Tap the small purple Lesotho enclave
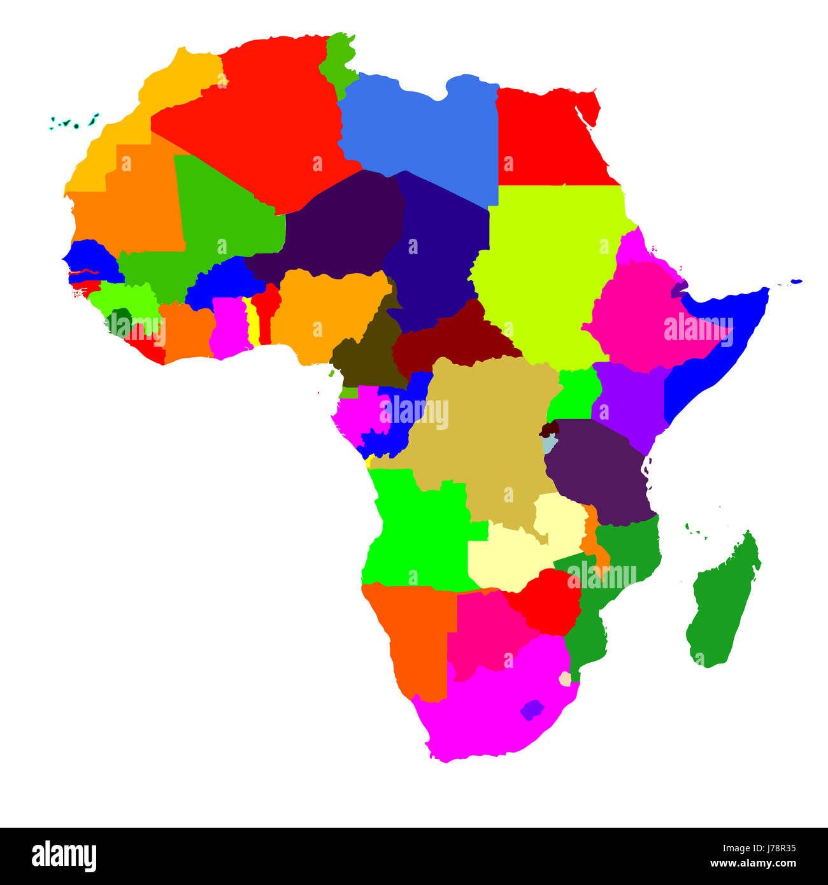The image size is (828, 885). pos(532,709)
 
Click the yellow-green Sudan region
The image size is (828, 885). pos(548,267)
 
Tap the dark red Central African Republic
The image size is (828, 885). pos(452,337)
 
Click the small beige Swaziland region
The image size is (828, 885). pos(565,679)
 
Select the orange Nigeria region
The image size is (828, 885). pos(325,312)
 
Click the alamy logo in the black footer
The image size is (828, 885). pos(64,856)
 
